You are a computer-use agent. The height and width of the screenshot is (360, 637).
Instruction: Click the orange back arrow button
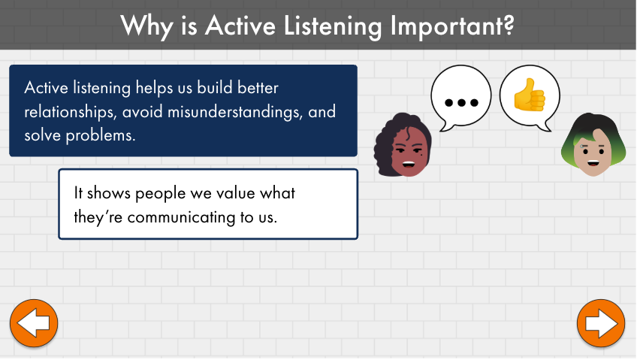[x=34, y=323]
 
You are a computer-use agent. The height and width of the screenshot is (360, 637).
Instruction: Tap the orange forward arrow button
[x=601, y=323]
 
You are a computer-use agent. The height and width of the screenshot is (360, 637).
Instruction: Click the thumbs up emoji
[x=530, y=95]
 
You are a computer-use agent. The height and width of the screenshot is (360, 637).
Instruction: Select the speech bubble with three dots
[x=461, y=98]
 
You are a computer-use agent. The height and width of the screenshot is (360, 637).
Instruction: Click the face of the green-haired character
[x=593, y=155]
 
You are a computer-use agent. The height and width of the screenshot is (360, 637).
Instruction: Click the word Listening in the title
[x=333, y=27]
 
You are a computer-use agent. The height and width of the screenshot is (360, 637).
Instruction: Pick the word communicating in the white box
[x=181, y=217]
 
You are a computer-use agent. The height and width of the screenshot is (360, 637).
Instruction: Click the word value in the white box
[x=236, y=193]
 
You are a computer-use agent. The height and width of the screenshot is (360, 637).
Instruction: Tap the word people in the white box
[x=160, y=194]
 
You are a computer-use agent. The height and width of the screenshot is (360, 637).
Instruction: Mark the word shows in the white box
[x=109, y=193]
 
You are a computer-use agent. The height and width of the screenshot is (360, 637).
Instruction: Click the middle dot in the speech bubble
[x=461, y=103]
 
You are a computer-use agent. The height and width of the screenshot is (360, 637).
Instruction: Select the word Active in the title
[x=240, y=26]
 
